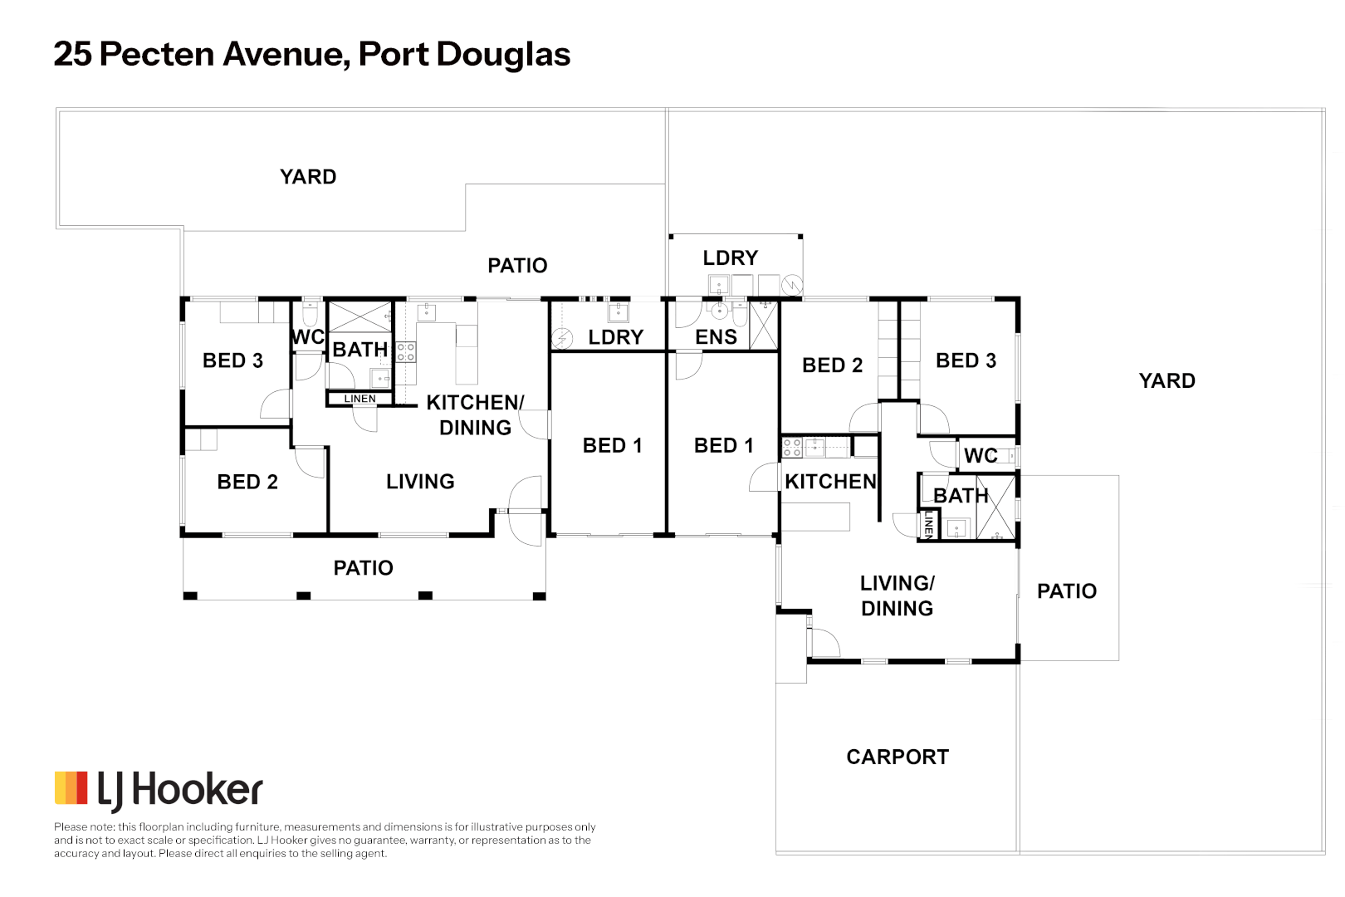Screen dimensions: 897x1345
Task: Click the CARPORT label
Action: pyautogui.click(x=897, y=757)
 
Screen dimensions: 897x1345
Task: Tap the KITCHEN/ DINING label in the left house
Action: pyautogui.click(x=475, y=414)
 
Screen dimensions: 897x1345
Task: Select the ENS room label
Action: pyautogui.click(x=716, y=337)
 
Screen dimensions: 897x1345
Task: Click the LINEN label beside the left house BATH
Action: pyautogui.click(x=359, y=399)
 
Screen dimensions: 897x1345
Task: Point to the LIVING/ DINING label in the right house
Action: pyautogui.click(x=897, y=596)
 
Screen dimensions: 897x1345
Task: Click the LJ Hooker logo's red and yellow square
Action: pyautogui.click(x=71, y=788)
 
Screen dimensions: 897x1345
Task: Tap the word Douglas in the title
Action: pyautogui.click(x=503, y=55)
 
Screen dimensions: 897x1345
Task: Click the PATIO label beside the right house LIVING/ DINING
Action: pyautogui.click(x=1067, y=591)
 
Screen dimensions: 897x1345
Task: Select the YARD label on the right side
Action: pyautogui.click(x=1166, y=381)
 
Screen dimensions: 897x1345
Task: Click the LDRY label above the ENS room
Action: pyautogui.click(x=731, y=258)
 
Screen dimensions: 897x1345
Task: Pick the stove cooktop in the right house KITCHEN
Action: pyautogui.click(x=792, y=448)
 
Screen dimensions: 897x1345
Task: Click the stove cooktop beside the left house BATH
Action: pyautogui.click(x=405, y=352)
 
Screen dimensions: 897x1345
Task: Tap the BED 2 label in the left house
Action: pyautogui.click(x=247, y=482)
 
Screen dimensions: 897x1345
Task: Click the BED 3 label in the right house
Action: pyautogui.click(x=966, y=360)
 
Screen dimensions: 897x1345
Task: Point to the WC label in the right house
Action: pyautogui.click(x=981, y=456)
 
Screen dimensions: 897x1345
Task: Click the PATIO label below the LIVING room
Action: pyautogui.click(x=363, y=568)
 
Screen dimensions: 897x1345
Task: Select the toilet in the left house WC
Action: pyautogui.click(x=311, y=313)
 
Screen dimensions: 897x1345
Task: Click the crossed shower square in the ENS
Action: pyautogui.click(x=764, y=325)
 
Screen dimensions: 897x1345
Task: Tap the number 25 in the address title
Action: pyautogui.click(x=73, y=55)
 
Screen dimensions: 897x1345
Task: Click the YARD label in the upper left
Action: pyautogui.click(x=308, y=177)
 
